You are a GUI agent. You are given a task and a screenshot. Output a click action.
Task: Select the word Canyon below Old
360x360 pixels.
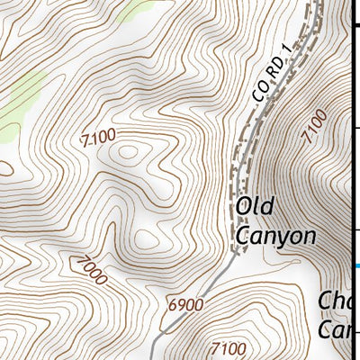[275, 236]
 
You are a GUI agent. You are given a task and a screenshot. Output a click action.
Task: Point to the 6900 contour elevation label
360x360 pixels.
[186, 305]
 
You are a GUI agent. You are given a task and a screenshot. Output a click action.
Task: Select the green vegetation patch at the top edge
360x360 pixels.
[139, 9]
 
